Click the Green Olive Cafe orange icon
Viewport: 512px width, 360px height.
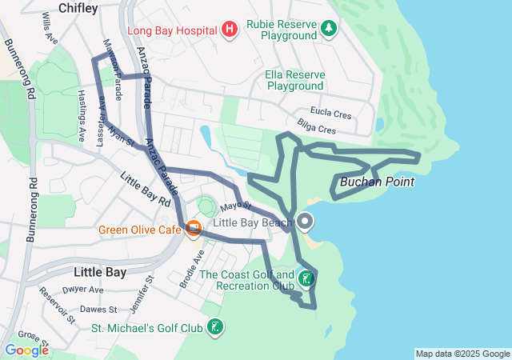(x=193, y=230)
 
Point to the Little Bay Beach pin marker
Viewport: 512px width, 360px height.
(x=306, y=221)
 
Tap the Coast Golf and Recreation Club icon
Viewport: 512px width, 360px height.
(x=306, y=279)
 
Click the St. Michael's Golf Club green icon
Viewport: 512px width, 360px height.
(x=214, y=326)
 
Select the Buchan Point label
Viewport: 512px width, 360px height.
(x=377, y=182)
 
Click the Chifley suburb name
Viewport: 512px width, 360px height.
(x=78, y=9)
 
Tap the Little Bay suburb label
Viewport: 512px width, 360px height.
(x=99, y=272)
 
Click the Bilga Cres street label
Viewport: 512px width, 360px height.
(x=315, y=128)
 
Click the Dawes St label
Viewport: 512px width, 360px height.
(x=98, y=309)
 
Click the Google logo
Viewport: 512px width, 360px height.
(x=26, y=350)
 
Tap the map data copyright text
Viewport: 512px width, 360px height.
(x=462, y=354)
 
